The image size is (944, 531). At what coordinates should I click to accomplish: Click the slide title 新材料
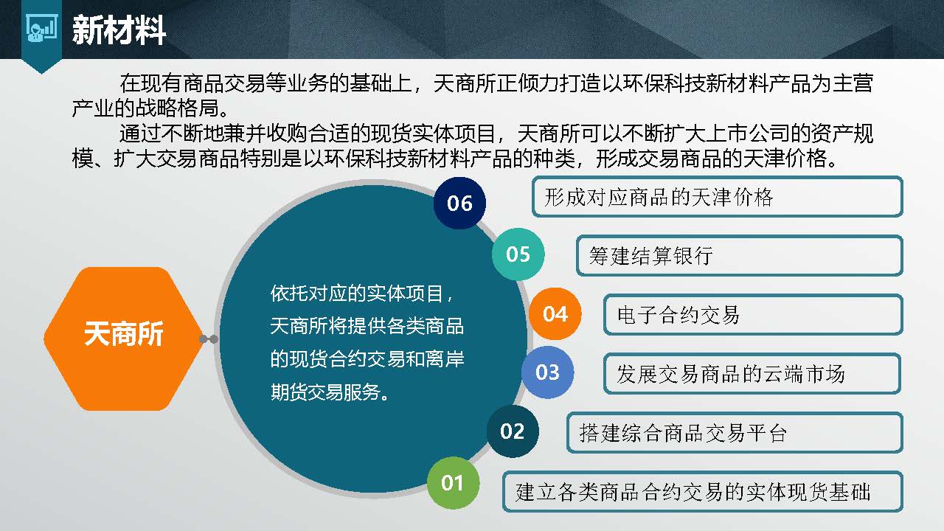[x=119, y=30]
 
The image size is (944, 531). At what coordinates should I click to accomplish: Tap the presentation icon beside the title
[x=41, y=29]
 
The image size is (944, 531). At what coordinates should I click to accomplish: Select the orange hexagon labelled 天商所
[x=123, y=338]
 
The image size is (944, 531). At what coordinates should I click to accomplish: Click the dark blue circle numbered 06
[x=459, y=203]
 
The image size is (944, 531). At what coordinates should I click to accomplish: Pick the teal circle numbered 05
[x=518, y=254]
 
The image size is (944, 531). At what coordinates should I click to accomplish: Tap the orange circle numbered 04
[x=555, y=314]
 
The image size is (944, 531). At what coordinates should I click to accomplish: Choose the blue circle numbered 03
[x=547, y=372]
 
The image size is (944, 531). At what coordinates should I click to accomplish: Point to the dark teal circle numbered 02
[x=512, y=431]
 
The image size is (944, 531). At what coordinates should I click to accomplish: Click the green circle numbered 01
[x=452, y=483]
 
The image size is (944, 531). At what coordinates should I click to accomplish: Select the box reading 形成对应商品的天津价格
[x=717, y=197]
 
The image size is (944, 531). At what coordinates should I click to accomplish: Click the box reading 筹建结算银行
[x=739, y=256]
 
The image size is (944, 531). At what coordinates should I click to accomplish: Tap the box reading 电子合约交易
[x=753, y=315]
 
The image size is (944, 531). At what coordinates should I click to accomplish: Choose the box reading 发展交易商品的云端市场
[x=752, y=374]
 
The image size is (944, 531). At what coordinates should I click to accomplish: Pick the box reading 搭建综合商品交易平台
[x=734, y=433]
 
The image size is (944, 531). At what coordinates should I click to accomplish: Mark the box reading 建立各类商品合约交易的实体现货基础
[x=703, y=492]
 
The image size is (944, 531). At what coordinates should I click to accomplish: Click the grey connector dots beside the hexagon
[x=209, y=339]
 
